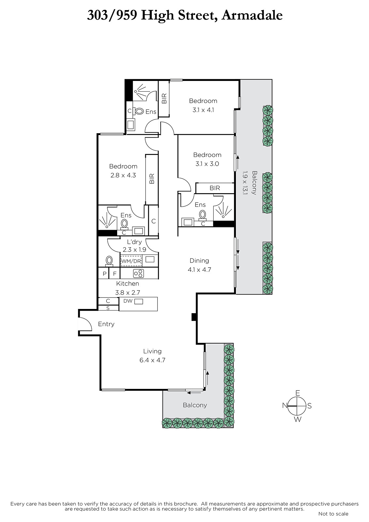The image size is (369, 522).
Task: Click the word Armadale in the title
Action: click(x=252, y=15)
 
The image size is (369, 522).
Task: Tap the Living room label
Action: click(x=152, y=351)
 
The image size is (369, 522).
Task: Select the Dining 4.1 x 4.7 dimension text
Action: click(x=199, y=269)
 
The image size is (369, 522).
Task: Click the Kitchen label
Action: click(x=128, y=284)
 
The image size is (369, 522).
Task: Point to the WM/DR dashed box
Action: click(x=131, y=261)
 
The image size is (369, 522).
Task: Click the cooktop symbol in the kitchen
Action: click(x=138, y=273)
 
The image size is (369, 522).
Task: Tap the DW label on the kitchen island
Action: click(x=128, y=301)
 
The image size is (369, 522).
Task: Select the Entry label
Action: click(x=106, y=324)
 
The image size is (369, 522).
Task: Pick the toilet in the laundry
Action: click(x=109, y=261)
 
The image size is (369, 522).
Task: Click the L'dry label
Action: click(x=134, y=242)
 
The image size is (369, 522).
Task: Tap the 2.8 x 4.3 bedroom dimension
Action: click(x=123, y=175)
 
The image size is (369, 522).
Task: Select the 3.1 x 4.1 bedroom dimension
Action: click(x=203, y=110)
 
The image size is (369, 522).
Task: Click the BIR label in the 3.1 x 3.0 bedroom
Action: click(x=215, y=188)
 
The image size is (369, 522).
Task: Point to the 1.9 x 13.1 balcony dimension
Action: click(x=245, y=183)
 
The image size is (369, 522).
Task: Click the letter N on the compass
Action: click(x=284, y=406)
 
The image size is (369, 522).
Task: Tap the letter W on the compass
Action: click(x=298, y=420)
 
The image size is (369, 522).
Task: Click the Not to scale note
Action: click(x=333, y=514)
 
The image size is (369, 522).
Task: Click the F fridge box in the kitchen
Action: click(x=115, y=273)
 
